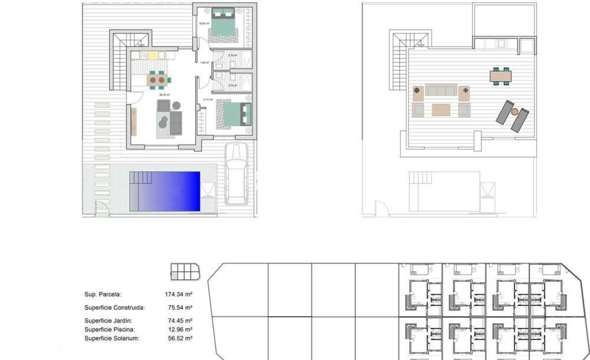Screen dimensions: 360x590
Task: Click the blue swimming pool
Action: tap(165, 191)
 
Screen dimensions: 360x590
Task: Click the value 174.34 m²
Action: tap(179, 294)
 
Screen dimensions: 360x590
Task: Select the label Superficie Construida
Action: tap(114, 308)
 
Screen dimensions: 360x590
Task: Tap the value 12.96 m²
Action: tap(179, 329)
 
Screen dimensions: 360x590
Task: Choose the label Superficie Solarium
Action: tap(112, 338)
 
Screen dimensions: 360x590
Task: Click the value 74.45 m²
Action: tap(179, 320)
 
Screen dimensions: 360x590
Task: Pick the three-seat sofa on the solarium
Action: tap(441, 91)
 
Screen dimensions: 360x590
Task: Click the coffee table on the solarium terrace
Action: tap(441, 110)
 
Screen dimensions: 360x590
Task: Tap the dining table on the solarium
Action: tap(501, 76)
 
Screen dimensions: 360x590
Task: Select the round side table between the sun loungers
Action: tap(515, 111)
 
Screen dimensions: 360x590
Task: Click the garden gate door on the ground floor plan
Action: tap(103, 209)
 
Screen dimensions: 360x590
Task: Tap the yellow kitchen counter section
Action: tap(153, 55)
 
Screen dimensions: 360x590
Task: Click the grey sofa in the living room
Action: tap(175, 123)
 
